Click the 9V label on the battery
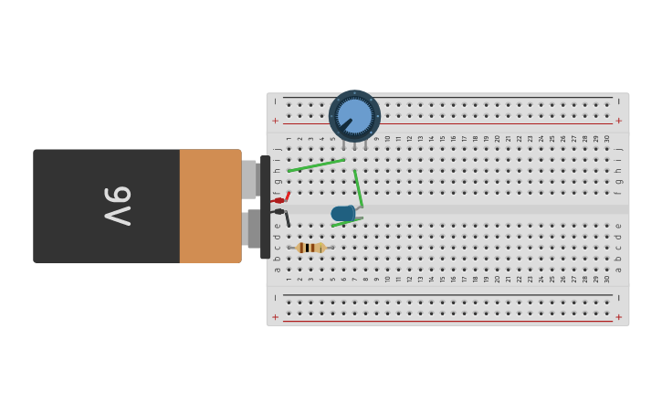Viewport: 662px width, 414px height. (118, 206)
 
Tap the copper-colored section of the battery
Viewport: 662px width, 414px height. (210, 206)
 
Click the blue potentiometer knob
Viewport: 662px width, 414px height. (354, 116)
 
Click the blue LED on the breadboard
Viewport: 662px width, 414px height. (343, 214)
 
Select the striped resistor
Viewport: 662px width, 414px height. (310, 248)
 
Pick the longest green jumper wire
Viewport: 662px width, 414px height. (316, 165)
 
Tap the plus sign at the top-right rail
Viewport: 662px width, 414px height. (618, 121)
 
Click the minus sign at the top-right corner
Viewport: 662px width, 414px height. (618, 101)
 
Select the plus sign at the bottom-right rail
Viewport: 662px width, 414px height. (618, 317)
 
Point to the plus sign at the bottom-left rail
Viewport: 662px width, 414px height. (275, 317)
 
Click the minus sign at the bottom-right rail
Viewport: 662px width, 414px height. (618, 298)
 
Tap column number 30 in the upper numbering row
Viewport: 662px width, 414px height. (607, 139)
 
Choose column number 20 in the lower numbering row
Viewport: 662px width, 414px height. (497, 278)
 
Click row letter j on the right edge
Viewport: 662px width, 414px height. (618, 148)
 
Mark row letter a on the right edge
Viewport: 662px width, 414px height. (618, 270)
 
